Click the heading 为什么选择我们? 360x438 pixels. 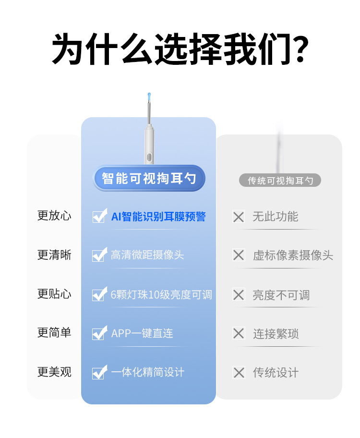(x=180, y=49)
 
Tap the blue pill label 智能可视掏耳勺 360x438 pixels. (x=149, y=179)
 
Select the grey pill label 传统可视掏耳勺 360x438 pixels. (x=280, y=181)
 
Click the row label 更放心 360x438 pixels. (x=54, y=216)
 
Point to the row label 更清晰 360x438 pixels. (x=54, y=255)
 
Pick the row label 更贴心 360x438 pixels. (x=54, y=293)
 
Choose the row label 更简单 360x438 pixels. (x=54, y=332)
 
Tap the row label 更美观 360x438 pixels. (x=54, y=372)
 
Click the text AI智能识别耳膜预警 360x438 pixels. (x=158, y=217)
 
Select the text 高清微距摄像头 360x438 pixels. (x=147, y=255)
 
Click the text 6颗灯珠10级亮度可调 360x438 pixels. (x=161, y=294)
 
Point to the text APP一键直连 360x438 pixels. (x=142, y=333)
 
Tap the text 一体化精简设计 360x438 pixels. (x=147, y=372)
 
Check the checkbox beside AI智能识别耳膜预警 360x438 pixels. (x=99, y=216)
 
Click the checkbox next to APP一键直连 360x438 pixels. (x=99, y=333)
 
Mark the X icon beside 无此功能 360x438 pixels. (x=239, y=217)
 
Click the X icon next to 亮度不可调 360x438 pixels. (x=239, y=294)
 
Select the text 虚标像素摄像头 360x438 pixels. (x=293, y=255)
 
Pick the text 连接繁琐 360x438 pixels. (x=276, y=333)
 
